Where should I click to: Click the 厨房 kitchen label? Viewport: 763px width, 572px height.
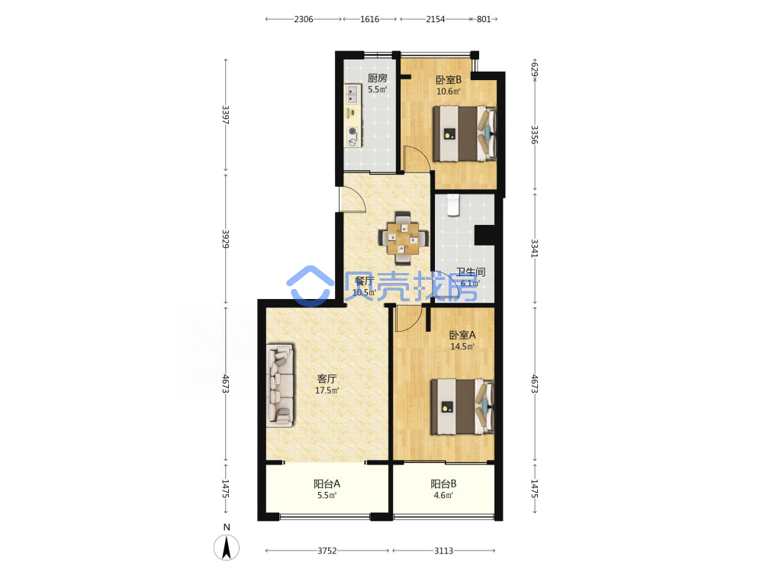click(x=377, y=78)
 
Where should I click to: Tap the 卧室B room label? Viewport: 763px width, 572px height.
click(x=448, y=79)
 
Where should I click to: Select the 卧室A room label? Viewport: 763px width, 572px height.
click(x=462, y=335)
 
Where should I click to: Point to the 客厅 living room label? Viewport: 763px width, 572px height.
click(x=327, y=378)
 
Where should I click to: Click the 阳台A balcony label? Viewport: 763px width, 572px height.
click(x=327, y=484)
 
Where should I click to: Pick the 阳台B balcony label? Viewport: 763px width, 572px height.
click(x=443, y=484)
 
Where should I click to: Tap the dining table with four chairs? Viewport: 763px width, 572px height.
click(x=403, y=238)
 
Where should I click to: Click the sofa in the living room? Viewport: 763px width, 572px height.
click(x=280, y=386)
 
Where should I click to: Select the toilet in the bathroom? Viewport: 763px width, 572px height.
click(x=453, y=205)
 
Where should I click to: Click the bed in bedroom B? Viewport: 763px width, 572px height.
click(x=465, y=133)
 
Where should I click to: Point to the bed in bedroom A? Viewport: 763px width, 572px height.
click(x=462, y=407)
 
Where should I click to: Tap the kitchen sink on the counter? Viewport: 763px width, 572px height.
click(x=353, y=94)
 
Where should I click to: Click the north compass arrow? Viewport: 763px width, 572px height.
click(x=227, y=547)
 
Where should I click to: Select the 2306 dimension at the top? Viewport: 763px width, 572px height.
click(x=304, y=19)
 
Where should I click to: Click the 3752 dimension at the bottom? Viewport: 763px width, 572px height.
click(x=327, y=551)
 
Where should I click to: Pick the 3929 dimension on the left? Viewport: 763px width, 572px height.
click(x=225, y=239)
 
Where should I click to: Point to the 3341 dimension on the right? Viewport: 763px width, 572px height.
click(x=534, y=248)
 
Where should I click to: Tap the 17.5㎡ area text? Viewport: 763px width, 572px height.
click(x=327, y=390)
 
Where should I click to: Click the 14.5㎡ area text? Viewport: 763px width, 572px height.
click(x=462, y=347)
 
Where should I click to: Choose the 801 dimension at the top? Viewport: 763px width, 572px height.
click(x=484, y=19)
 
